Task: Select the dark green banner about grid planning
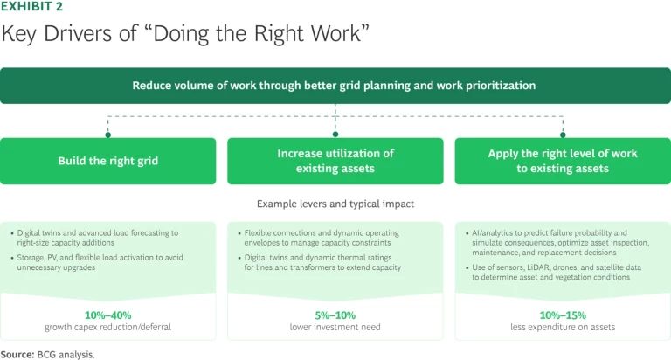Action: [x=335, y=86]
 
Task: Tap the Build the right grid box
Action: [x=107, y=161]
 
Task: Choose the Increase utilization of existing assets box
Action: [x=335, y=161]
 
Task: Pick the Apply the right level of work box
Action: [x=563, y=161]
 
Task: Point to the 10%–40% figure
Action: [x=107, y=315]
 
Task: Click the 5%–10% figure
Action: [x=335, y=315]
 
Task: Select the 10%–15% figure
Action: [x=563, y=315]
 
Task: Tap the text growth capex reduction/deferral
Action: [x=107, y=327]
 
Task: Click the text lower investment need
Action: [x=335, y=327]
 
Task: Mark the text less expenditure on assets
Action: [x=563, y=327]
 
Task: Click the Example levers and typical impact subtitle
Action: [x=335, y=204]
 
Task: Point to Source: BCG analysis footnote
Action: [x=47, y=353]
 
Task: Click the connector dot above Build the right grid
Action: [x=107, y=135]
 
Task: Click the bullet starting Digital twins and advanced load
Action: [x=100, y=239]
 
